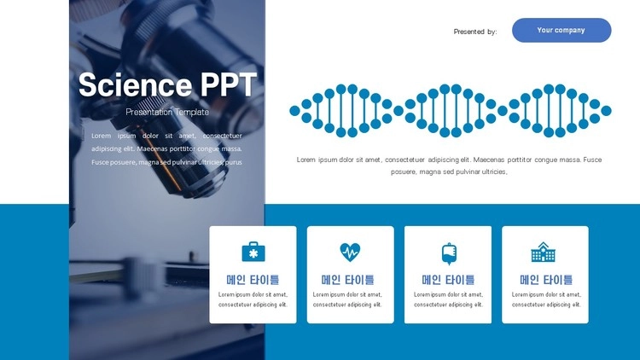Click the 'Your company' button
pos(561,30)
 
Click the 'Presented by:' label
pos(475,32)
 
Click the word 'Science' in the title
pos(135,85)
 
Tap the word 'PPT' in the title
pos(229,84)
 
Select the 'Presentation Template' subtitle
pos(167,112)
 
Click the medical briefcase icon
pos(253,252)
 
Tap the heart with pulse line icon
pos(350,252)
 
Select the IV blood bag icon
pos(449,253)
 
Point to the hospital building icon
pos(544,252)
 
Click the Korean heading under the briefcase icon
pos(253,280)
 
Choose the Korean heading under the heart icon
pos(348,280)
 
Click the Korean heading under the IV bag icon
pos(448,280)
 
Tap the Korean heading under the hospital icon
pos(546,280)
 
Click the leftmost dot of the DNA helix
pos(294,111)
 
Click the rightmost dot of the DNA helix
pos(606,111)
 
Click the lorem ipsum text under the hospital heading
pos(546,299)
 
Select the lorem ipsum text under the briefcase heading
pos(253,299)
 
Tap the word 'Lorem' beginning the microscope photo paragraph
pos(102,136)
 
